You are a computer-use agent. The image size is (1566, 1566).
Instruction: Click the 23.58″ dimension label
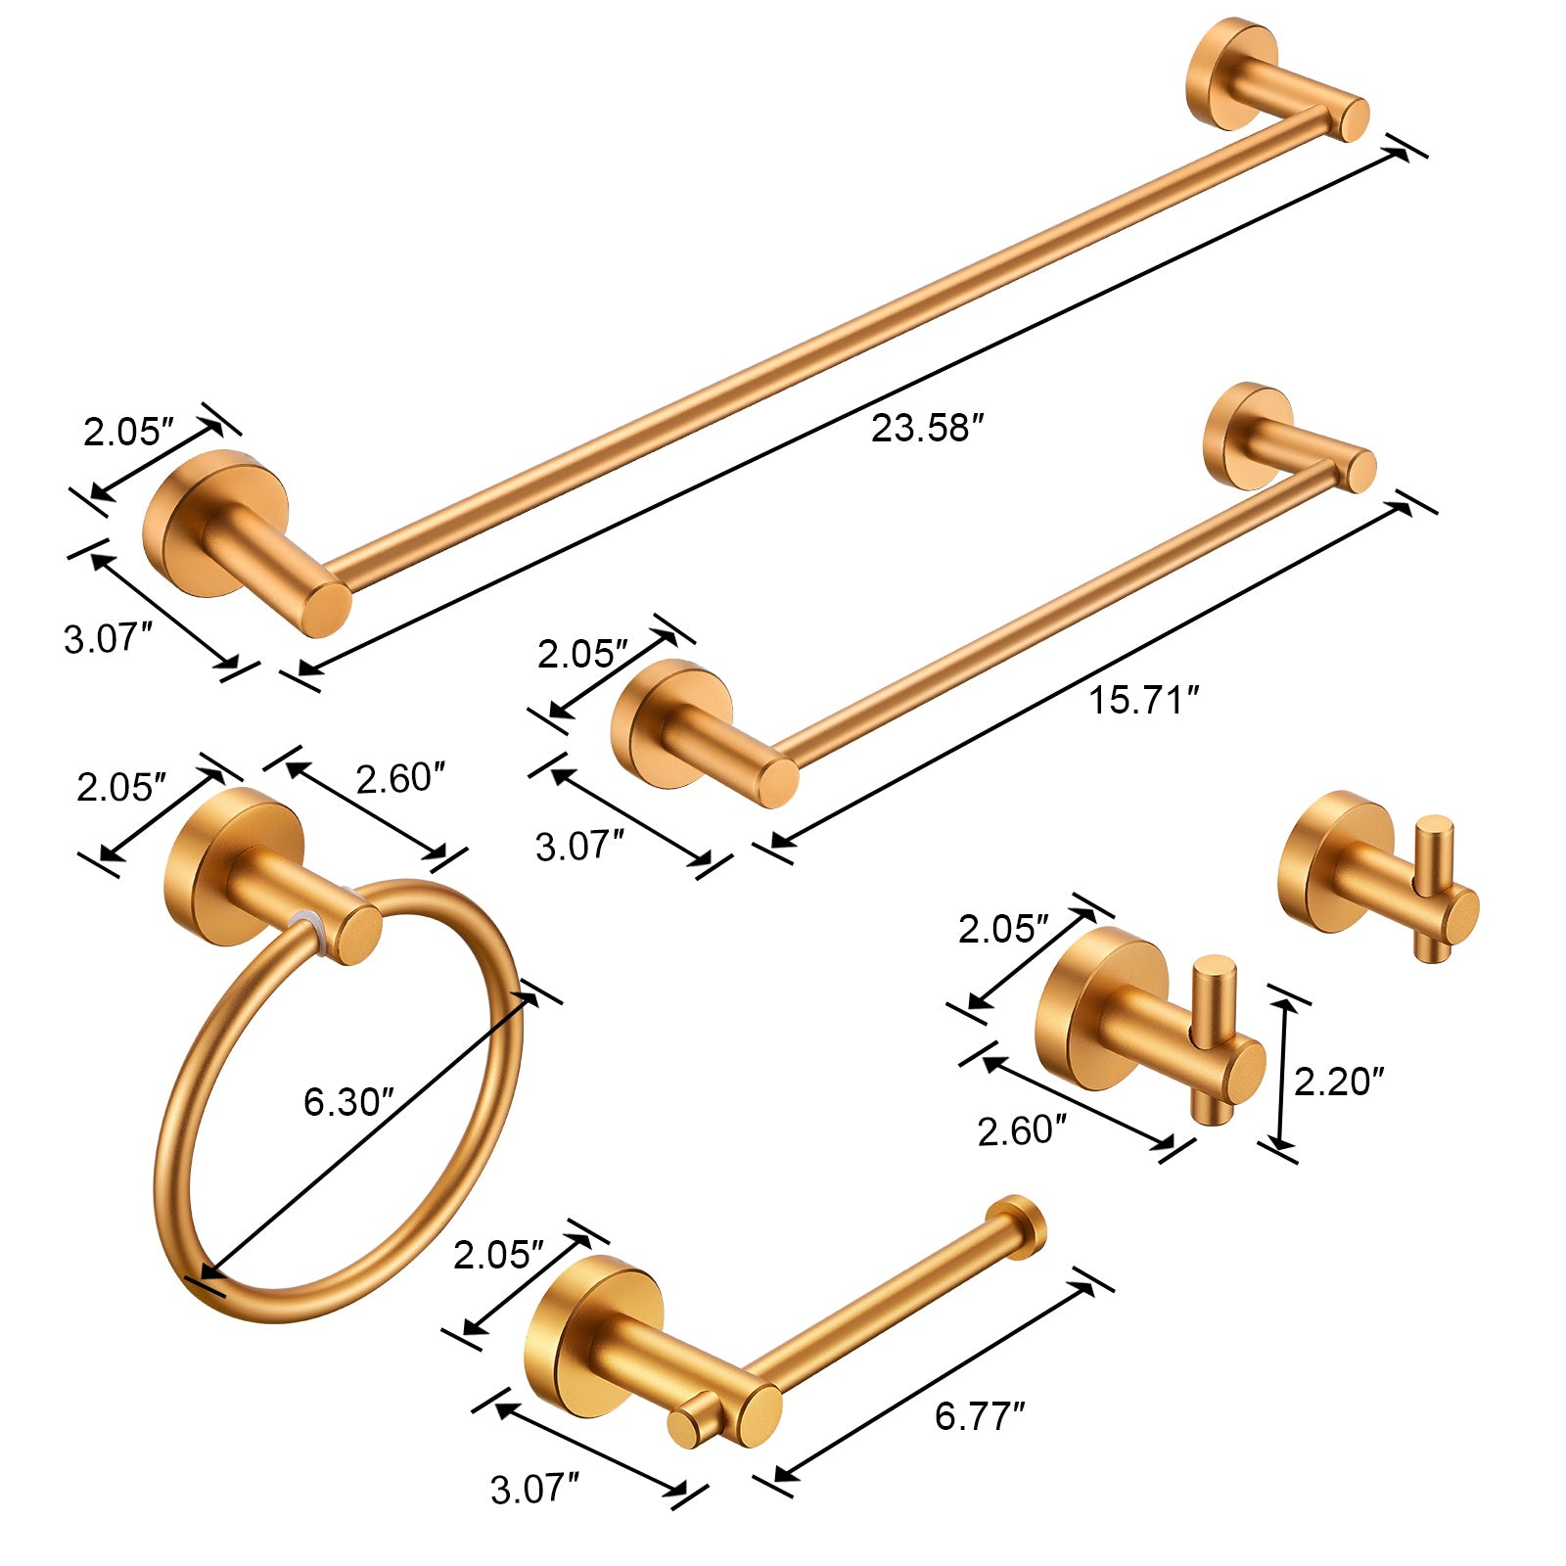(x=926, y=429)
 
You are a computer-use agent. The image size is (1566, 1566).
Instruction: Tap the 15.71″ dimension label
(x=1143, y=701)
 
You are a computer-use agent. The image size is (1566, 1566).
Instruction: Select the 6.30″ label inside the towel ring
(x=347, y=1102)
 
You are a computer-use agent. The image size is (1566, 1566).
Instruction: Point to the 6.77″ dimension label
(x=979, y=1416)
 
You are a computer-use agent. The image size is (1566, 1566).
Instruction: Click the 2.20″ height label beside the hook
(x=1338, y=1082)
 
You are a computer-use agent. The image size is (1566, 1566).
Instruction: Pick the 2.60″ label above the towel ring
(x=399, y=779)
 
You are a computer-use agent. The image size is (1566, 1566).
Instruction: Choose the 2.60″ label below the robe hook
(x=1021, y=1131)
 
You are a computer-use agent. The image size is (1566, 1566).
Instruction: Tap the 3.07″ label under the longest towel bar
(x=108, y=639)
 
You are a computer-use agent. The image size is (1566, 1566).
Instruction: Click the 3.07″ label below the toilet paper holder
(x=534, y=1490)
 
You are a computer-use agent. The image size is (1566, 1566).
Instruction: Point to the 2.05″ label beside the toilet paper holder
(x=497, y=1255)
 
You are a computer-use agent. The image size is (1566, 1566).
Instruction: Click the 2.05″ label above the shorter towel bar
(x=581, y=654)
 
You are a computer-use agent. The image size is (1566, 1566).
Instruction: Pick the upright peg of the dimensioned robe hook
(x=1214, y=998)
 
